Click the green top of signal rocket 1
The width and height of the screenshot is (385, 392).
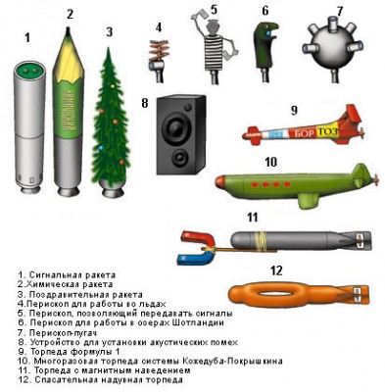30,71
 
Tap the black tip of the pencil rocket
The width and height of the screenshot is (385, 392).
69,29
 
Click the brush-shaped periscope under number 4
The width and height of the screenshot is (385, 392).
158,61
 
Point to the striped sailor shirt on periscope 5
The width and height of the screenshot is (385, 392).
215,53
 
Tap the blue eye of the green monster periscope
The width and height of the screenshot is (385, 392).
267,33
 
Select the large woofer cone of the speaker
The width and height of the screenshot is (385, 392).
177,127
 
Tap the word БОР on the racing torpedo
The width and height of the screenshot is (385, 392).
305,133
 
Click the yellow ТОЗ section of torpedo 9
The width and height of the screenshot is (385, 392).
327,131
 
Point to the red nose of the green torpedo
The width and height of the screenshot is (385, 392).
220,181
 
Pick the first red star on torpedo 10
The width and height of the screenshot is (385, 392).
254,185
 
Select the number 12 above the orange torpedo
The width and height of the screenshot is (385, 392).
276,270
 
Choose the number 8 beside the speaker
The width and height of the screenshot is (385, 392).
145,103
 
